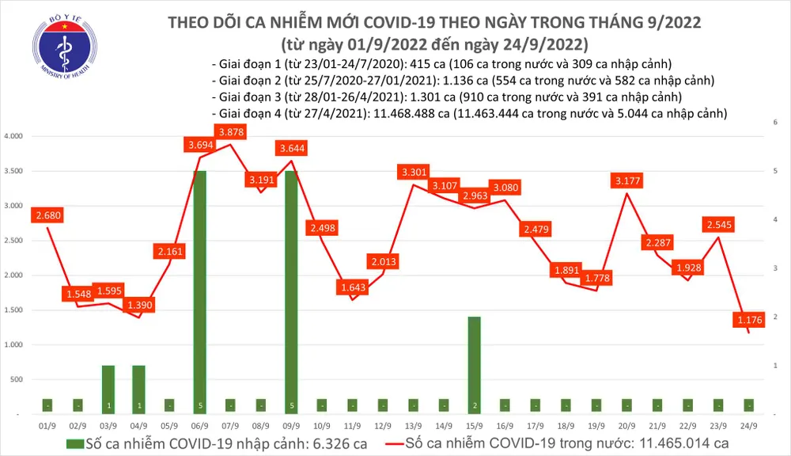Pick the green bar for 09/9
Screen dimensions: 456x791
[x=291, y=291]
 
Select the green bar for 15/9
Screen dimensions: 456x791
[x=474, y=364]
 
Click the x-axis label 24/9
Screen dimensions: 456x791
[x=747, y=425]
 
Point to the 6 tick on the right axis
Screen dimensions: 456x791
[x=774, y=122]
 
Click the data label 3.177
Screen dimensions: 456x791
[x=627, y=181]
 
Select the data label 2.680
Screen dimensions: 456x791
[x=49, y=215]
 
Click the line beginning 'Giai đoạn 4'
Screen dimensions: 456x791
[x=469, y=114]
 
